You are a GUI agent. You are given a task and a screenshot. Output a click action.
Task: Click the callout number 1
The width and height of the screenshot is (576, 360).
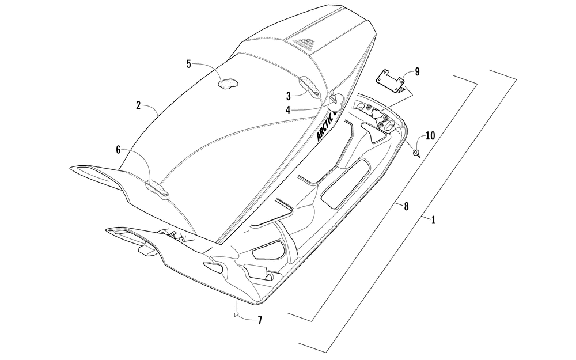pyautogui.click(x=433, y=219)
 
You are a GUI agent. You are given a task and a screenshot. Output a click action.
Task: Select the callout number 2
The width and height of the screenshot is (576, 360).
pyautogui.click(x=138, y=105)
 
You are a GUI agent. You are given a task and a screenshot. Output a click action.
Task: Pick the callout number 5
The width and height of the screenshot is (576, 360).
pyautogui.click(x=188, y=64)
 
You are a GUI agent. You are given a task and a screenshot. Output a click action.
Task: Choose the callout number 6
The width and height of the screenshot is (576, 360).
pyautogui.click(x=118, y=150)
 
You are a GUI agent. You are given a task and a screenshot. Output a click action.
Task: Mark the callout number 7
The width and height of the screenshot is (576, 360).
pyautogui.click(x=260, y=321)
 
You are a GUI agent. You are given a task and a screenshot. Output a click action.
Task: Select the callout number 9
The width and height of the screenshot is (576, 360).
pyautogui.click(x=416, y=72)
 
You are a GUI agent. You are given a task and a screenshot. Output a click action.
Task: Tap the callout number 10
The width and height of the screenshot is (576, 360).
pyautogui.click(x=430, y=136)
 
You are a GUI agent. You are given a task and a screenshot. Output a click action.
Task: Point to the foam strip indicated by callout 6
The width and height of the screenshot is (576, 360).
pyautogui.click(x=157, y=187)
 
